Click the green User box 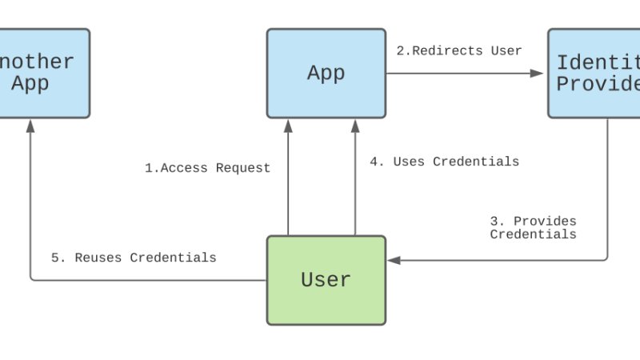click(326, 280)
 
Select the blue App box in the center click(326, 74)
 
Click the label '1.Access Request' click(207, 168)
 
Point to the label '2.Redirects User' click(459, 50)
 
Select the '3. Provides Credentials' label click(533, 227)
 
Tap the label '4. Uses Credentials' click(444, 162)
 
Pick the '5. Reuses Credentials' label click(134, 258)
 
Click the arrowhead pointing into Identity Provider click(538, 74)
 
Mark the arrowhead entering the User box click(393, 260)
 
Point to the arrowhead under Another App click(30, 125)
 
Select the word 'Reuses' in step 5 click(99, 258)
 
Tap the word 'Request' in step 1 click(243, 168)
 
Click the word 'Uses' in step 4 click(409, 162)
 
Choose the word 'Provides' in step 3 click(545, 221)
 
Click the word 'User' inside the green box click(326, 280)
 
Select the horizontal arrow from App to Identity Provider click(464, 74)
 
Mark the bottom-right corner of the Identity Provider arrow click(606, 258)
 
